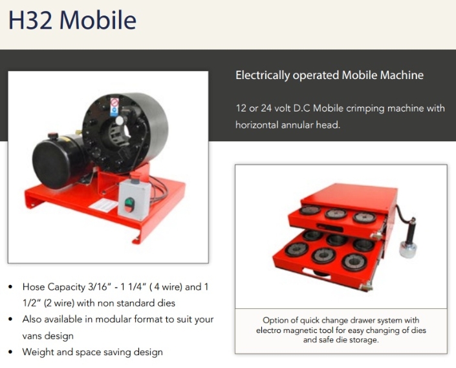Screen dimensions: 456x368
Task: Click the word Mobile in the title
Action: (98, 20)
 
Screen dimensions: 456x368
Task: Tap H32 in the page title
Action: (30, 20)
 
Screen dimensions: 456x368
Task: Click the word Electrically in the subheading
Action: (263, 75)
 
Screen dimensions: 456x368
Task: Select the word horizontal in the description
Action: (254, 125)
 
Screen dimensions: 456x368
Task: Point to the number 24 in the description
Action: (266, 108)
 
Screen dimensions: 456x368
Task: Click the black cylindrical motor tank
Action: (58, 162)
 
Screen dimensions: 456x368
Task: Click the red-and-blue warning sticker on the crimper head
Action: (114, 107)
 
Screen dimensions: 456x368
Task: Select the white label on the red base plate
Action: (103, 205)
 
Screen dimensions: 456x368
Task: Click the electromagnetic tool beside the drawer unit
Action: (408, 238)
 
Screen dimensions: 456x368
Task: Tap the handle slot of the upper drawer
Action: (329, 227)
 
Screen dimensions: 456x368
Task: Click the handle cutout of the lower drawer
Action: (317, 273)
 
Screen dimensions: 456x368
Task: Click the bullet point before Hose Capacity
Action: (11, 287)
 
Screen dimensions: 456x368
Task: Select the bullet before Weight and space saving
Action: (11, 352)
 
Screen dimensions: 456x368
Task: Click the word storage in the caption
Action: (364, 340)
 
